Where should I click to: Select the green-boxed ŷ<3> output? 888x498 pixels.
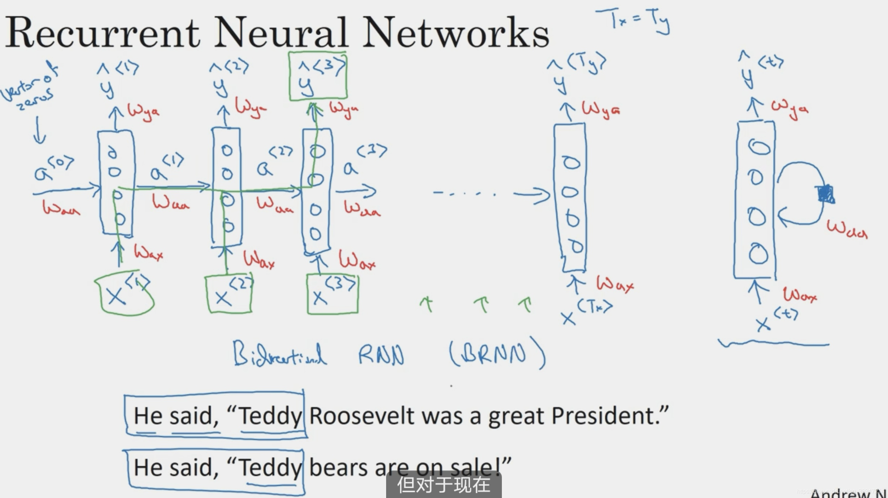click(318, 76)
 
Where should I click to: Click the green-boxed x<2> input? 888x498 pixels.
click(229, 294)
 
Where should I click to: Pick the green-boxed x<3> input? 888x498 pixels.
click(333, 294)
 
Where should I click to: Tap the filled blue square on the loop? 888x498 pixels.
click(825, 194)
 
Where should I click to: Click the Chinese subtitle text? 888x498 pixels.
click(444, 485)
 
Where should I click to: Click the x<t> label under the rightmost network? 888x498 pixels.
click(777, 320)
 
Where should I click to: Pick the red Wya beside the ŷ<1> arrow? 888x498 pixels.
click(143, 112)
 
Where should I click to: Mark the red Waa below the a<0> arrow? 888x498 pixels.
click(61, 208)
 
